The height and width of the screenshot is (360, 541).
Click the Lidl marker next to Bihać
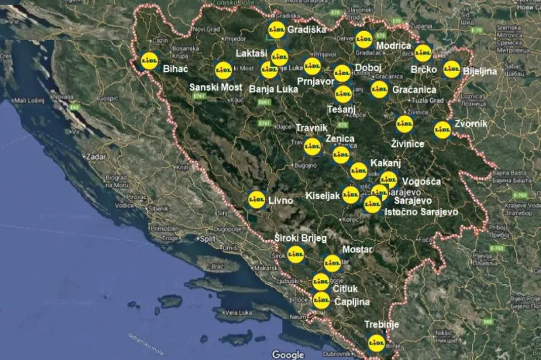pyautogui.click(x=150, y=61)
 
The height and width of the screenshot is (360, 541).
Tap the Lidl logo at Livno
pyautogui.click(x=256, y=199)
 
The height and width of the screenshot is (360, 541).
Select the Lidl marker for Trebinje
pyautogui.click(x=377, y=344)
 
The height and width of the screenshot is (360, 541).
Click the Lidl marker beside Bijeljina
pyautogui.click(x=452, y=69)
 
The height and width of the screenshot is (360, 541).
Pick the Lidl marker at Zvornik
pyautogui.click(x=442, y=129)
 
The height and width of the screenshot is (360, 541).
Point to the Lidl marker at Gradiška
pyautogui.click(x=275, y=30)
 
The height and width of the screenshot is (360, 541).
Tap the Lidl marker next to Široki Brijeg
pyautogui.click(x=295, y=254)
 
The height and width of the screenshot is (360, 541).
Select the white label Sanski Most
pyautogui.click(x=215, y=87)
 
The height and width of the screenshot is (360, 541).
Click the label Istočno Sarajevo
pyautogui.click(x=421, y=212)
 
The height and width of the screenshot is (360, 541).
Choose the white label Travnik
pyautogui.click(x=312, y=128)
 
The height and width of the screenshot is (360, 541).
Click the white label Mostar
pyautogui.click(x=358, y=250)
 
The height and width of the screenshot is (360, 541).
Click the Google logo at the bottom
pyautogui.click(x=288, y=354)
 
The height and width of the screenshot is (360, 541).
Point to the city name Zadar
pyautogui.click(x=96, y=156)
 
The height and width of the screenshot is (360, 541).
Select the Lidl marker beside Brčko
pyautogui.click(x=423, y=52)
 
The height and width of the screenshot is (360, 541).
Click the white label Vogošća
pyautogui.click(x=421, y=181)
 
